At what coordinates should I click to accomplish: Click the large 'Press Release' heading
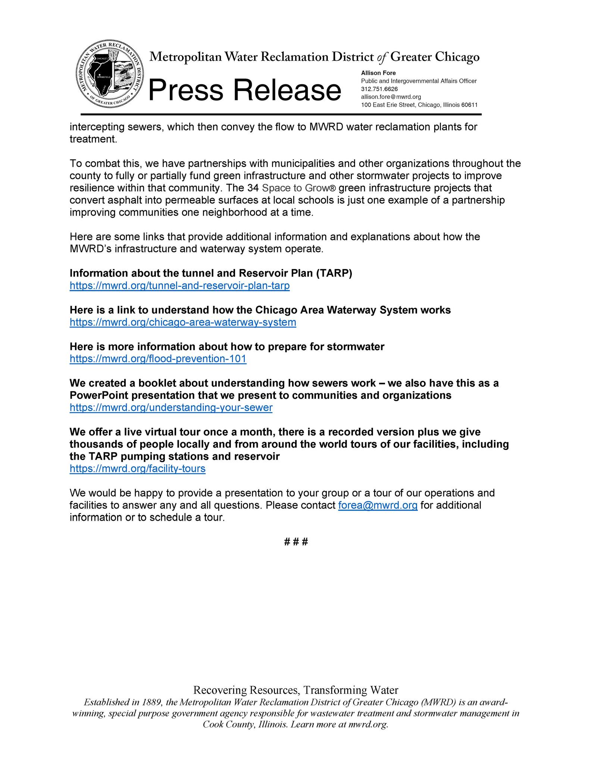click(245, 90)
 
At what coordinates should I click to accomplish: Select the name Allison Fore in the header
click(378, 73)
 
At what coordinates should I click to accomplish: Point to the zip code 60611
click(469, 105)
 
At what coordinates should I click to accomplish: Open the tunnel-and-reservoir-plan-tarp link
click(179, 286)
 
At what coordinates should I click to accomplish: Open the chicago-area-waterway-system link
click(183, 322)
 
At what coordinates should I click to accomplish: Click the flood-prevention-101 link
click(158, 359)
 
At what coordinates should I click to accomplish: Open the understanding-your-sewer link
click(171, 408)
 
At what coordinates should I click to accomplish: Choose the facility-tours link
click(137, 469)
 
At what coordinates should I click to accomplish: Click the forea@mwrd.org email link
click(378, 505)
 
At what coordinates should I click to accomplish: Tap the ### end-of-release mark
click(296, 542)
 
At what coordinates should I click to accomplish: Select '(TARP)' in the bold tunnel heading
click(334, 273)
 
